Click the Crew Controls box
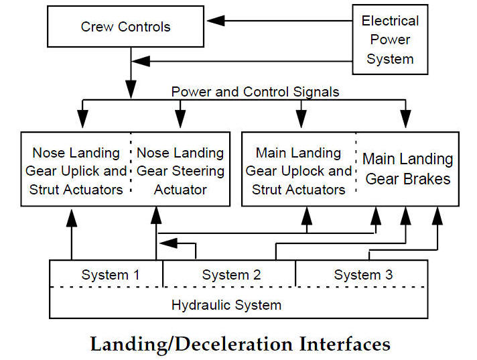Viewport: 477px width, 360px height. tap(125, 27)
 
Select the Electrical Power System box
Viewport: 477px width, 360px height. tap(390, 40)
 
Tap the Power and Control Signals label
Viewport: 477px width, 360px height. tap(255, 91)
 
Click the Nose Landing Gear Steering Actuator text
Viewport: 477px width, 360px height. tap(180, 171)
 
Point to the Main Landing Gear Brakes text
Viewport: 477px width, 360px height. tap(407, 169)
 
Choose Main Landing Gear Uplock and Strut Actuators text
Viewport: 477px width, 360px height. tap(298, 171)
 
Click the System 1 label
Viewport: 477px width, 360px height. tap(111, 274)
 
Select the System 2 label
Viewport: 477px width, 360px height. tap(230, 274)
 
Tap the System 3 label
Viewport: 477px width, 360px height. tap(363, 274)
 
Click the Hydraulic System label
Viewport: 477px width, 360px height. tap(226, 305)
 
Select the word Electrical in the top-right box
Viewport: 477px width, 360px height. tap(390, 21)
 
